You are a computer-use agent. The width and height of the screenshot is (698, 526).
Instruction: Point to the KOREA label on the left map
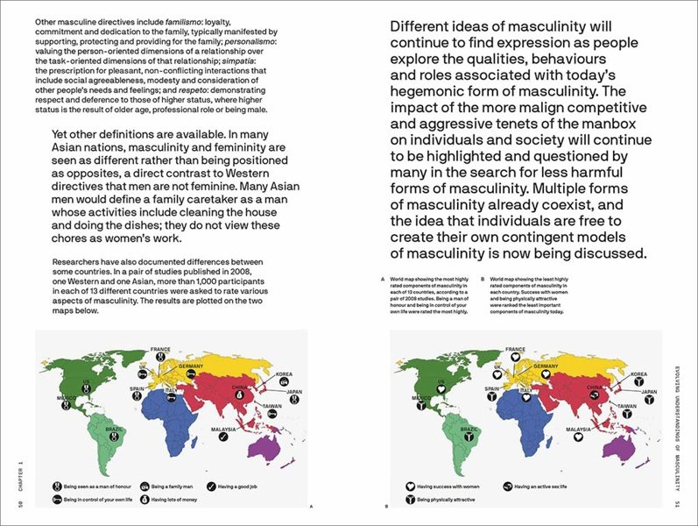click(x=283, y=373)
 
